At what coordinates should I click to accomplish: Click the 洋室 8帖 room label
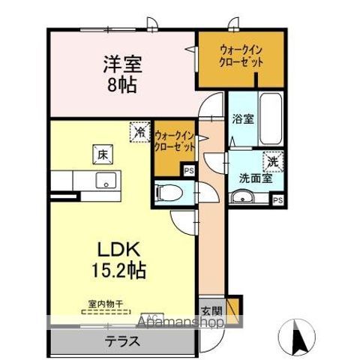(x=119, y=73)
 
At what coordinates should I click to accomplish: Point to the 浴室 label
(x=241, y=118)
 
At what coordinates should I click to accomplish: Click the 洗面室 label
(x=250, y=178)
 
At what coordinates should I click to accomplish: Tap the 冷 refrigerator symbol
(x=139, y=131)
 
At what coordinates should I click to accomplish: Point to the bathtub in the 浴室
(x=268, y=120)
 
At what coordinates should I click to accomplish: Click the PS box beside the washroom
(x=277, y=200)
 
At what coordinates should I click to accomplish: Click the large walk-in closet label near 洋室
(x=241, y=56)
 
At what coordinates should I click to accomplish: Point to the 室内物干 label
(x=105, y=304)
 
